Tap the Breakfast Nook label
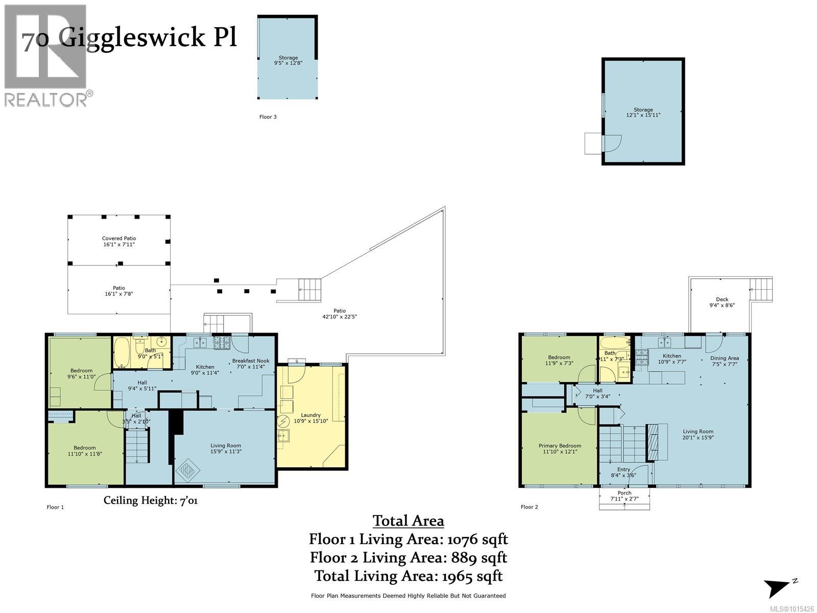(247, 363)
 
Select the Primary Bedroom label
(560, 449)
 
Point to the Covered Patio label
(119, 241)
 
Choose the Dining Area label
(725, 361)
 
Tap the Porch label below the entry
(624, 496)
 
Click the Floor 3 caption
(268, 117)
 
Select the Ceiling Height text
(151, 500)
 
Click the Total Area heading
(408, 521)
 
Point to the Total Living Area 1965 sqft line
(408, 576)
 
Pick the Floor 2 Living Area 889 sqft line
(408, 557)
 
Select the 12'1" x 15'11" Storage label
(643, 112)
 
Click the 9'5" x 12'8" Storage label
(288, 60)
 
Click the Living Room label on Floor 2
(698, 434)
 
